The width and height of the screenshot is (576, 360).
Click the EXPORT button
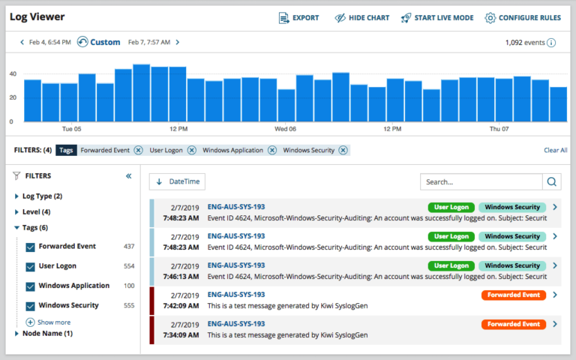(x=298, y=18)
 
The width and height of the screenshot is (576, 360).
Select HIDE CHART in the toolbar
(x=361, y=18)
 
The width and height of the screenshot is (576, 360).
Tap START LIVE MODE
(x=436, y=18)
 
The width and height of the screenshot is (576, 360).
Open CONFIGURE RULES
(x=523, y=18)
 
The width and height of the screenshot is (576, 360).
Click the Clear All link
(x=555, y=150)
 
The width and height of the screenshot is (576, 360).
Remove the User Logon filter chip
(x=191, y=150)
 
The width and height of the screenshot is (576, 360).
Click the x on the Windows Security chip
(x=343, y=150)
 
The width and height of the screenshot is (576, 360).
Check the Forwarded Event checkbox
(x=30, y=247)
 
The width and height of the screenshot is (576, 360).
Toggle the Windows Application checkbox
(x=30, y=286)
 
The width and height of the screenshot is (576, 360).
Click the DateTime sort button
(x=177, y=181)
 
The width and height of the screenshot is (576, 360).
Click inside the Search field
(x=480, y=181)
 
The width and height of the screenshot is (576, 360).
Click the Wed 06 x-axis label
(x=285, y=129)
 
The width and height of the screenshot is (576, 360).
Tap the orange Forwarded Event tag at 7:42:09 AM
(x=513, y=295)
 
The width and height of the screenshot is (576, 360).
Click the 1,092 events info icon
(x=551, y=43)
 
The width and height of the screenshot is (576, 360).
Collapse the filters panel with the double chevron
(x=128, y=176)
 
